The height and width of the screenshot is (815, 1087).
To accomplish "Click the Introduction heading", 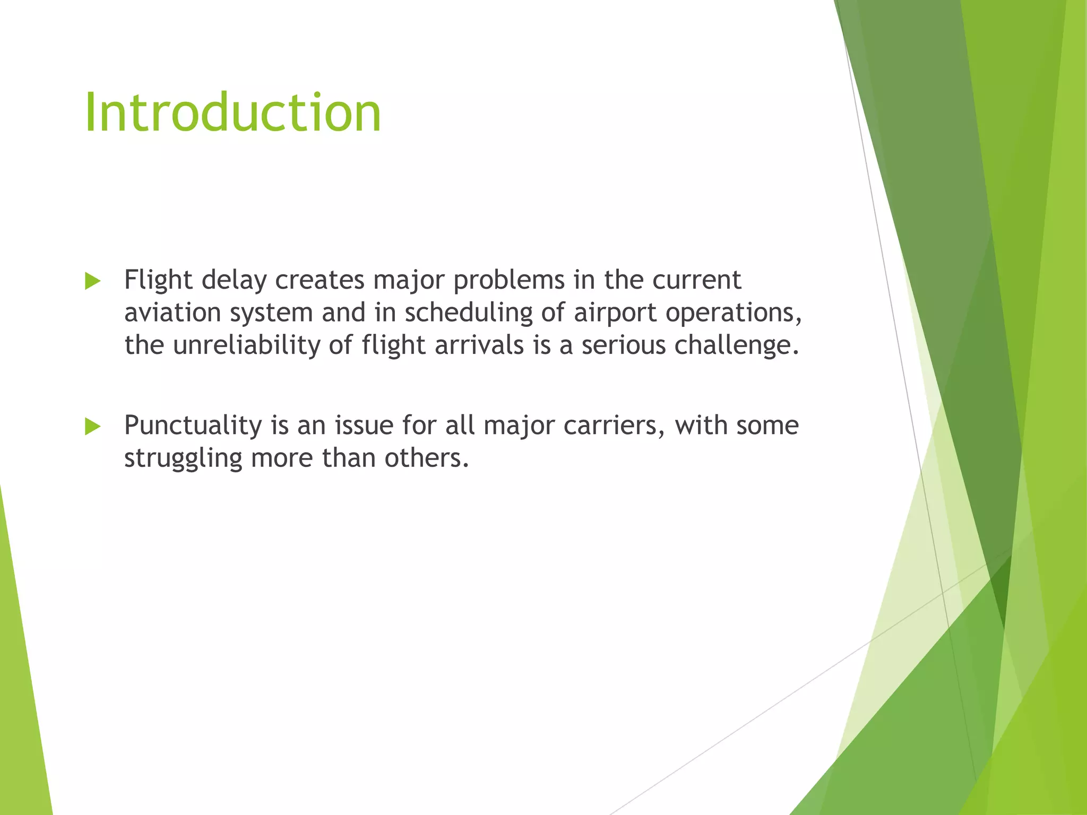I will pyautogui.click(x=232, y=113).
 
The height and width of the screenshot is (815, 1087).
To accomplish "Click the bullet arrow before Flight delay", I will pyautogui.click(x=92, y=281).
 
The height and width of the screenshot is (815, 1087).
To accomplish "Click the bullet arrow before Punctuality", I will pyautogui.click(x=92, y=427).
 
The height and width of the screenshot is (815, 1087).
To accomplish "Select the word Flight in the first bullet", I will pyautogui.click(x=158, y=280).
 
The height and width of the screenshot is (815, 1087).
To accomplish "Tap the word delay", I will pyautogui.click(x=234, y=280).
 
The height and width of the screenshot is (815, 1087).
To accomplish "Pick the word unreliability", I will pyautogui.click(x=246, y=345).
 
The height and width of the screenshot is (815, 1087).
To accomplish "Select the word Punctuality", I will pyautogui.click(x=193, y=426).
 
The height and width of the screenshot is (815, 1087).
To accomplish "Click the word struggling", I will pyautogui.click(x=183, y=458).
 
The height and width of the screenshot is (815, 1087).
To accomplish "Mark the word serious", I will pyautogui.click(x=624, y=345).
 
